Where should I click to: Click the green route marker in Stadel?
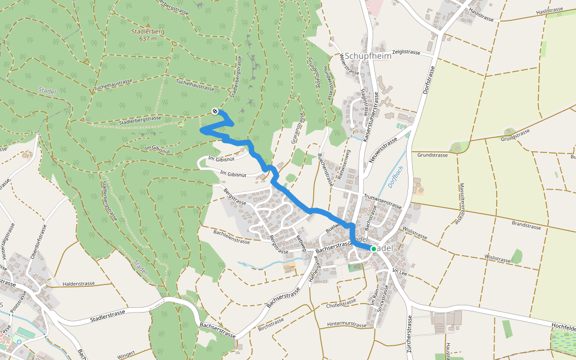point(373,248)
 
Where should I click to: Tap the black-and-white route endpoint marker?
point(215,110)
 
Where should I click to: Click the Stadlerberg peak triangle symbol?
point(148,25)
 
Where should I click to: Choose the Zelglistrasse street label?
point(406,52)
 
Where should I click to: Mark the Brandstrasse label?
point(526,226)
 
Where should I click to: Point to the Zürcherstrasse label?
point(409,335)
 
